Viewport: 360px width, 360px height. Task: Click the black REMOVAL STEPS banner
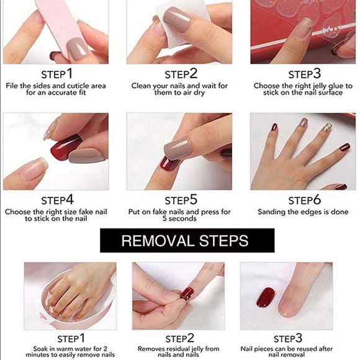(x=185, y=240)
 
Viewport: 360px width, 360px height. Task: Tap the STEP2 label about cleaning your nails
(x=181, y=74)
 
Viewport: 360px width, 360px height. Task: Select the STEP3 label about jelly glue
(x=304, y=74)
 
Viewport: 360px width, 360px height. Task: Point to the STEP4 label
(x=57, y=200)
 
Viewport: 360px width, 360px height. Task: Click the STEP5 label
(x=181, y=200)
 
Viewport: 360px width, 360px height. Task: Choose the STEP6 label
(x=304, y=200)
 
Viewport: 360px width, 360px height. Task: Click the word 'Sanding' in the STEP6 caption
(x=273, y=212)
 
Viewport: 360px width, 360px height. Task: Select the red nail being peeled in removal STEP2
(x=186, y=292)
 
